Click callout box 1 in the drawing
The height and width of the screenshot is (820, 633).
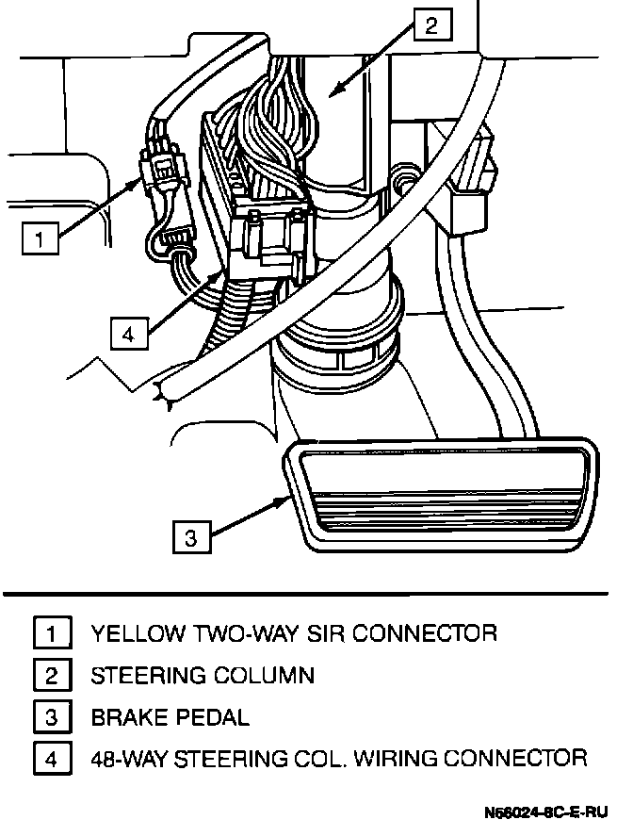40,237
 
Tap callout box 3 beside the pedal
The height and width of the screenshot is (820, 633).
191,537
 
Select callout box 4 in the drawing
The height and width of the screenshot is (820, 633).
129,332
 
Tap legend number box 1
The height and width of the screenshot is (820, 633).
53,632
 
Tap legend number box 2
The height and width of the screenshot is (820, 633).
53,675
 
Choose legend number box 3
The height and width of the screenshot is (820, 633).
53,717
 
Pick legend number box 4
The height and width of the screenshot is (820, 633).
53,759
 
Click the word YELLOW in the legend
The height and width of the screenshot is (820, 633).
138,632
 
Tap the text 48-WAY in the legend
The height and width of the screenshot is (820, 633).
130,759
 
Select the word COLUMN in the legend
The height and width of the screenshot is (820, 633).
265,675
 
